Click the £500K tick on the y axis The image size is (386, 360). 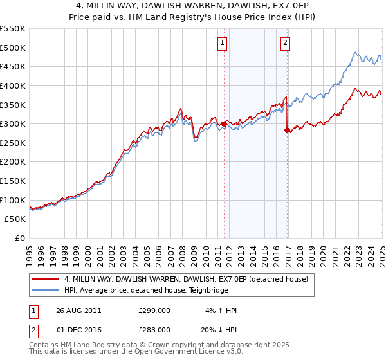click(x=13, y=48)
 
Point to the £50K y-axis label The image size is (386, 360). click(x=15, y=219)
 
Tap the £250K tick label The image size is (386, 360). click(x=13, y=143)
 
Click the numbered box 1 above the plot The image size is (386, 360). click(x=222, y=44)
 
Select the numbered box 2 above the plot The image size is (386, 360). click(x=284, y=44)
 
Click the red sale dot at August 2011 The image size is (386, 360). click(x=225, y=123)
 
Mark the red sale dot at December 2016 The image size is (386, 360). click(x=287, y=130)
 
